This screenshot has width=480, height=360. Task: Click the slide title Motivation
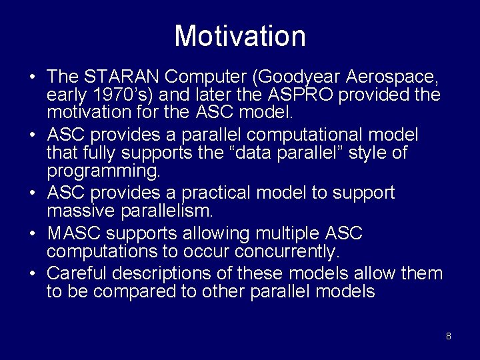click(x=240, y=36)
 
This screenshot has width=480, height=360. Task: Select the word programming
click(x=103, y=171)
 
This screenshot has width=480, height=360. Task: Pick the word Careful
click(x=77, y=274)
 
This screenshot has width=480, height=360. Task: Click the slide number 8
click(x=448, y=336)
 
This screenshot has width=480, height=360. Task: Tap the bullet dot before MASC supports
click(x=32, y=235)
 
